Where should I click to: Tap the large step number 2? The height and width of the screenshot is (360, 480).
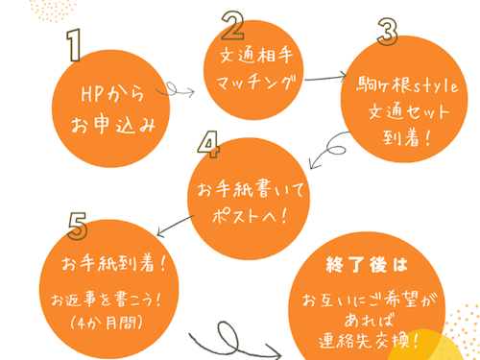pyautogui.click(x=233, y=23)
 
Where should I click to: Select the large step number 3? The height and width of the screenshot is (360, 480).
pyautogui.click(x=387, y=33)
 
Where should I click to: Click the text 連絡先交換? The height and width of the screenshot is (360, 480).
pyautogui.click(x=379, y=337)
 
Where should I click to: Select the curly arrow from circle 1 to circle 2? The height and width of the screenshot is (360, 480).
pyautogui.click(x=180, y=91)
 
